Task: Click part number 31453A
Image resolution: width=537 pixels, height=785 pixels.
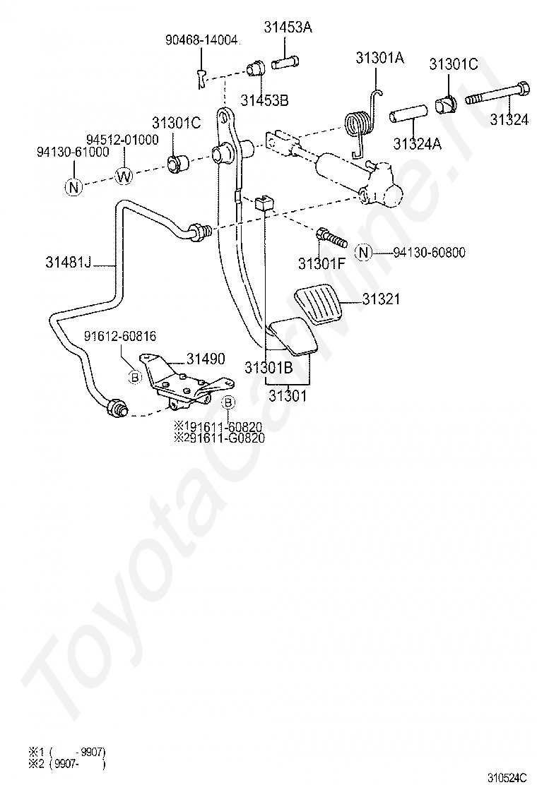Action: pos(288,28)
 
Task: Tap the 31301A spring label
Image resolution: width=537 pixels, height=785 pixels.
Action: pos(379,58)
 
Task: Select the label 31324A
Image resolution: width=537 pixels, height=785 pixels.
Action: pos(417,144)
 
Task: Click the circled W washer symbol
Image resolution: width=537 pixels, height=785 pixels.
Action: pos(124,176)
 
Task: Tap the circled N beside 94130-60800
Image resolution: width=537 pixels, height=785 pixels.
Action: pos(362,253)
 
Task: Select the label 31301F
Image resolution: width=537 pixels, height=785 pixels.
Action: pos(322,264)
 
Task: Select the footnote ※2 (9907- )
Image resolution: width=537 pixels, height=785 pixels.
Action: pos(66,763)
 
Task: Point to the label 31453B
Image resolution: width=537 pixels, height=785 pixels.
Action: pos(264,100)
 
